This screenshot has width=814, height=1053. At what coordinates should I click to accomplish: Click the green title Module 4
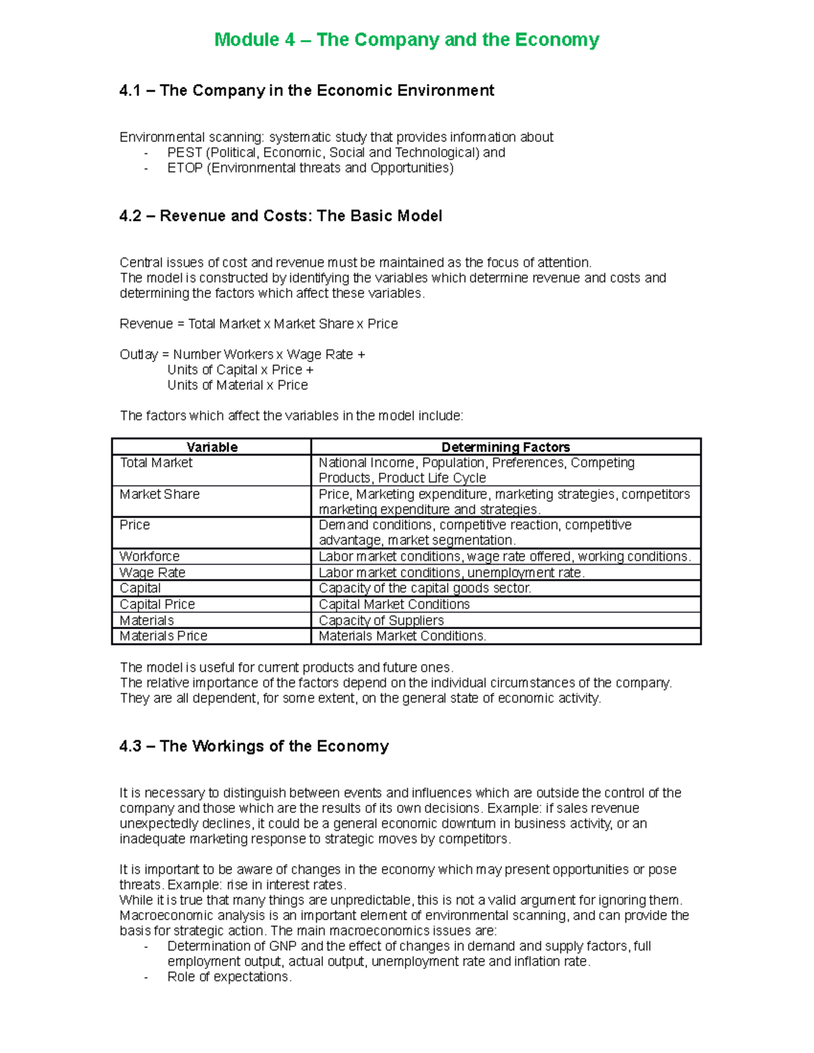point(406,40)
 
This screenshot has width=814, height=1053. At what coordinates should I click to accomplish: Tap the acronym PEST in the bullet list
point(185,153)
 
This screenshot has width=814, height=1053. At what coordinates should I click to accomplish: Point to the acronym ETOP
point(185,168)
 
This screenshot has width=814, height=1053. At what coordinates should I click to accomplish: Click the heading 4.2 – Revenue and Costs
point(280,216)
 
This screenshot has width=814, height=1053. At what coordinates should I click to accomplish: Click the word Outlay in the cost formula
point(138,355)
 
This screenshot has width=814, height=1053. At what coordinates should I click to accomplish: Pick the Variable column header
point(212,447)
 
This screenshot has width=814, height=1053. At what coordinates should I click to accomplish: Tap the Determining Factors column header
point(505,447)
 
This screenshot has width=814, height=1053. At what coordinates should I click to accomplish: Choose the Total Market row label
point(156,463)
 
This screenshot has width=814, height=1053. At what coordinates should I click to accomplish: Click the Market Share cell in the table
point(159,494)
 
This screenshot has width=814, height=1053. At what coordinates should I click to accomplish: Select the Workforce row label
point(149,557)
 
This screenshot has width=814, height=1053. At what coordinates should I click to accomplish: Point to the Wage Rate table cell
point(152,573)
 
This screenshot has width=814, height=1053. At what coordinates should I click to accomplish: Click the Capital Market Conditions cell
point(394,604)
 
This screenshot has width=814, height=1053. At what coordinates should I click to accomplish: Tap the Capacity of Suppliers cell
point(381,620)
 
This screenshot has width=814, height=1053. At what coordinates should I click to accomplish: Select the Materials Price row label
point(163,636)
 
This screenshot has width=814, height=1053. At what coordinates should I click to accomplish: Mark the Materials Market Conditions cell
point(402,636)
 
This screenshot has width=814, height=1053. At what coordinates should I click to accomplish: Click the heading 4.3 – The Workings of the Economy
point(254,747)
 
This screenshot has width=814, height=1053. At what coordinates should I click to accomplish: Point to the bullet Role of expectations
point(229,977)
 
